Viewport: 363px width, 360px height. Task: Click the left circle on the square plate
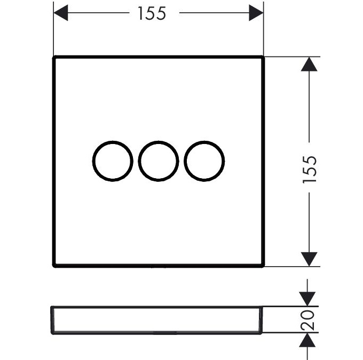(113, 161)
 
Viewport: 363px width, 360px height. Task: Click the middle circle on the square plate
(159, 161)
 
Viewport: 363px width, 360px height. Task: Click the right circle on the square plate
(204, 161)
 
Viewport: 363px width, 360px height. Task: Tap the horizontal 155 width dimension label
(152, 13)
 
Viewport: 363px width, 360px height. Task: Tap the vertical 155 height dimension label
(310, 170)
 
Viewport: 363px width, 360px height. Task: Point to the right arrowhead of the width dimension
(256, 13)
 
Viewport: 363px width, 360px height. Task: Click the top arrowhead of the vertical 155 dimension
(309, 64)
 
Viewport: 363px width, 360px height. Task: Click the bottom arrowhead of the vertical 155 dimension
(309, 259)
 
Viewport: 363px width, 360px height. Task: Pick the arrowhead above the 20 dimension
(308, 299)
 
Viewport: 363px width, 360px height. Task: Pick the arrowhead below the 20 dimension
(308, 341)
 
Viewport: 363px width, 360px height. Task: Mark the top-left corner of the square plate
(54, 57)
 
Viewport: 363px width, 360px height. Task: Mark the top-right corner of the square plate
(263, 57)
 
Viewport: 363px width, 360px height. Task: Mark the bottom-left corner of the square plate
(54, 265)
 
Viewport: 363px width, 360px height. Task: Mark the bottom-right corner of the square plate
(263, 265)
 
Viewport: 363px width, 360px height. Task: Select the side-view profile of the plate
(158, 320)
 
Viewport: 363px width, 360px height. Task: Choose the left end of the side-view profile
(52, 320)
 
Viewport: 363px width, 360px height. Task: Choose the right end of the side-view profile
(263, 320)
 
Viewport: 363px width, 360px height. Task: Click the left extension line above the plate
(54, 29)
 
